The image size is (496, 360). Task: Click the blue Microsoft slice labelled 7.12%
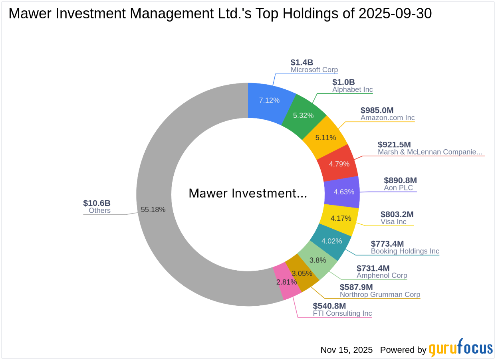(269, 100)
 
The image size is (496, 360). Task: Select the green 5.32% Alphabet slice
(303, 115)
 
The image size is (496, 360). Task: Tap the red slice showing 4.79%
(339, 164)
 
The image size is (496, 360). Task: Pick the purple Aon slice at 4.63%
(344, 192)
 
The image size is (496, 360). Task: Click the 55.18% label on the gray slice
(153, 209)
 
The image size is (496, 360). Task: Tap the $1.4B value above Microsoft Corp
(302, 62)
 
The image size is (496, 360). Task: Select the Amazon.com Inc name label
(387, 118)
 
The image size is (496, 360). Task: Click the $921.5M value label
(394, 144)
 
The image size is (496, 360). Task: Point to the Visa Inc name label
(393, 222)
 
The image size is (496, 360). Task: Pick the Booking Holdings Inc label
(405, 251)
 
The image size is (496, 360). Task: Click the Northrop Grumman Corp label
(380, 295)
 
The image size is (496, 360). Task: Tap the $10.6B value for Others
(97, 203)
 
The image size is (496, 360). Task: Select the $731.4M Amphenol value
(373, 268)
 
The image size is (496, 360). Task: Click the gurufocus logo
(460, 349)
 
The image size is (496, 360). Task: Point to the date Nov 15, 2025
(346, 350)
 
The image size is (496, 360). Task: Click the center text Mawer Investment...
(248, 194)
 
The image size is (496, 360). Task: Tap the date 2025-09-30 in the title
(395, 14)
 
